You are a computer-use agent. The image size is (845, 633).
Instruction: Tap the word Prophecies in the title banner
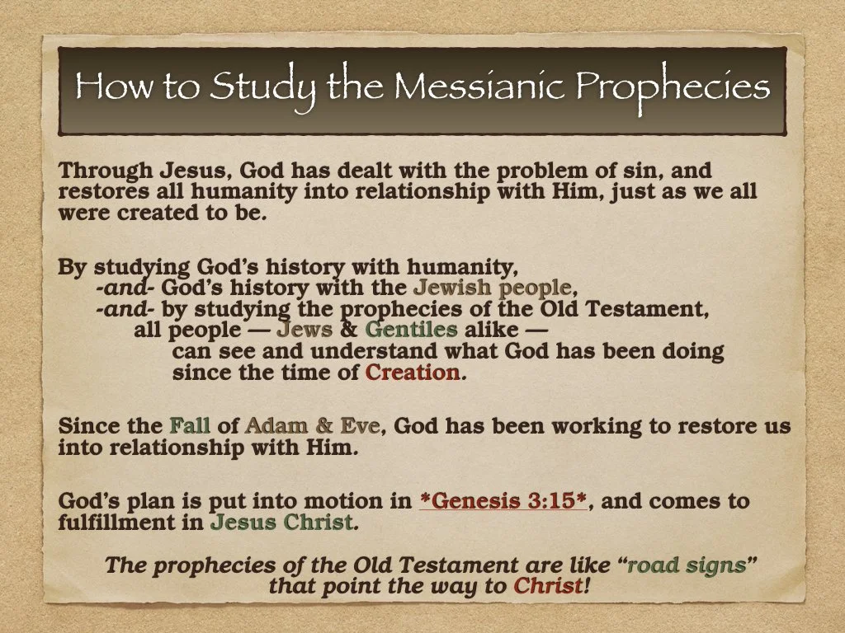[x=673, y=87]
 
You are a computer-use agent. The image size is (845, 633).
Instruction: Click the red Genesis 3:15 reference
[x=503, y=501]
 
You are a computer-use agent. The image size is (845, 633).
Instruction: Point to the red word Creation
[x=413, y=373]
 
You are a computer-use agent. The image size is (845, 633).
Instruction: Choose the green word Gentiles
[x=411, y=331]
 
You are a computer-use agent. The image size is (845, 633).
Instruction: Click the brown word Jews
[x=304, y=331]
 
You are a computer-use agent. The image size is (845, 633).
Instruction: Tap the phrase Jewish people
[x=492, y=288]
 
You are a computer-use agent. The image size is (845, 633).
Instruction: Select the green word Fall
[x=190, y=427]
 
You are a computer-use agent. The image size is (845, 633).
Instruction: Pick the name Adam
[x=276, y=427]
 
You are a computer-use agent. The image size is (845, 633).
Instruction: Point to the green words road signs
[x=686, y=566]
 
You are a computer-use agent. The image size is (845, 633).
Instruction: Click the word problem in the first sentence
[x=542, y=171]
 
